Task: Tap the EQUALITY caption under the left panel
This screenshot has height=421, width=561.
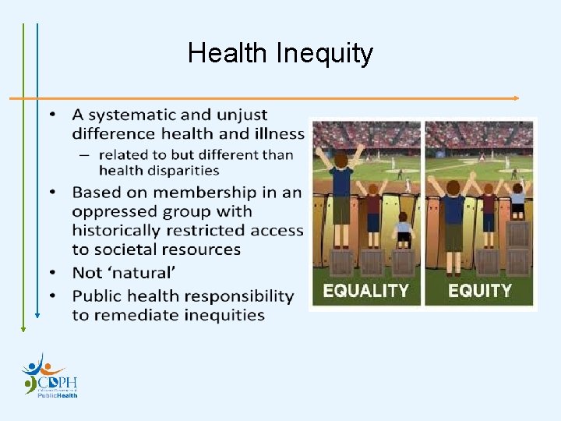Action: (365, 290)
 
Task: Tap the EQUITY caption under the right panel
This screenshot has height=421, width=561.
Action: (480, 290)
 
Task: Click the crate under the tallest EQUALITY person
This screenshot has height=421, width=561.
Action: (340, 261)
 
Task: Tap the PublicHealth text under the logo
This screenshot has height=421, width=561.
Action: (58, 395)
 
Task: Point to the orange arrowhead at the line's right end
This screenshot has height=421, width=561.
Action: (515, 98)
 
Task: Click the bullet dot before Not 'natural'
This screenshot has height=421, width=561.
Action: (53, 273)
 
